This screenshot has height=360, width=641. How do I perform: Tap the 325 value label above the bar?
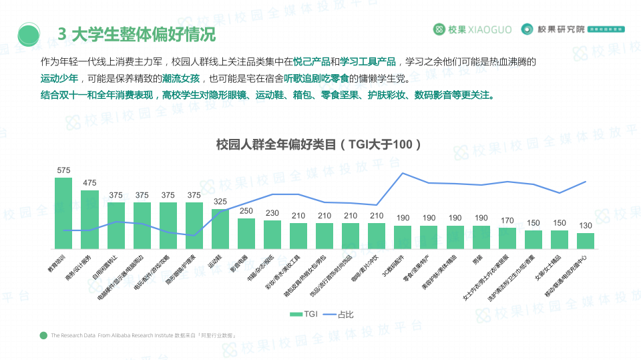[220, 201]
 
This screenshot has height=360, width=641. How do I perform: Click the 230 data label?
[272, 213]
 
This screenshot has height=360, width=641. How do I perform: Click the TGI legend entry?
[305, 314]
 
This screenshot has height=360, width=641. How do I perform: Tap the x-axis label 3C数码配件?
[394, 263]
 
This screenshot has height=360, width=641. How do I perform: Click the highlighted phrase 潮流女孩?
[180, 78]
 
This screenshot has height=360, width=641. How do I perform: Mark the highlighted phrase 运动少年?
[59, 78]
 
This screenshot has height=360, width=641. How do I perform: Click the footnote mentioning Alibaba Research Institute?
[144, 335]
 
